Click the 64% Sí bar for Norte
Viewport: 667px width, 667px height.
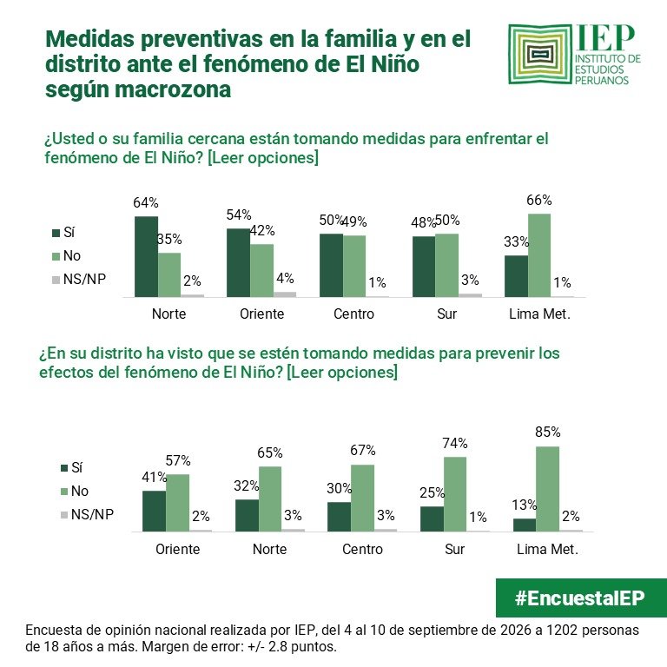[146, 256]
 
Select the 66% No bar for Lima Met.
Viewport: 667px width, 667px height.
[539, 255]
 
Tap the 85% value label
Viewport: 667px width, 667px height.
[548, 432]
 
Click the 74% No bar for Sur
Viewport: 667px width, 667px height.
[455, 494]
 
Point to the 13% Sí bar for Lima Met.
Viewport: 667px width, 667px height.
[525, 525]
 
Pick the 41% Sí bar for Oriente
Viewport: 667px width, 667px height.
[154, 511]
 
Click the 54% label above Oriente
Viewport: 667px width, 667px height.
[239, 215]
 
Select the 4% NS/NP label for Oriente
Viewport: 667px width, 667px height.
[285, 278]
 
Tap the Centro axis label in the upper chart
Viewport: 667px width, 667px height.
[354, 314]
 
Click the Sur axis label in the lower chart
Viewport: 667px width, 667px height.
[455, 549]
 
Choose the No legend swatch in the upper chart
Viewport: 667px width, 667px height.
[56, 256]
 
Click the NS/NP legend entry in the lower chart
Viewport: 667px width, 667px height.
[88, 514]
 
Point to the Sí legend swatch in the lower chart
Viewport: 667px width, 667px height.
[64, 468]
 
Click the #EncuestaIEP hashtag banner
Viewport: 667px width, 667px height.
[581, 598]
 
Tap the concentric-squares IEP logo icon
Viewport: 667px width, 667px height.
[540, 54]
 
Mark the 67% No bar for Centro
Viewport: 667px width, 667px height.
[362, 499]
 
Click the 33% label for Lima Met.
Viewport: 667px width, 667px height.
[516, 241]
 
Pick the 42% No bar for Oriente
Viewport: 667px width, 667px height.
[261, 271]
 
